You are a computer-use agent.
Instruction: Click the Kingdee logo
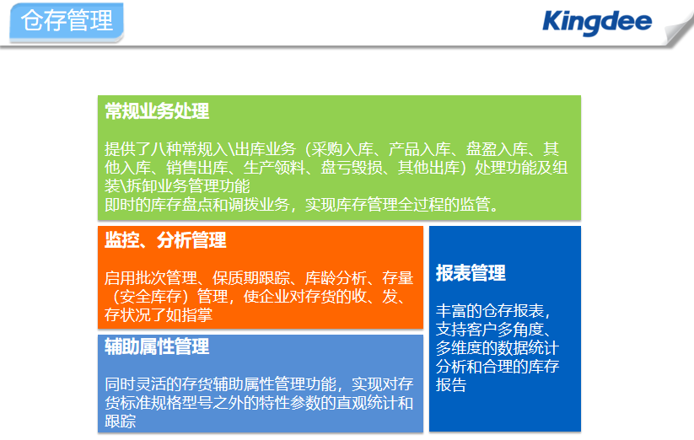click(x=597, y=23)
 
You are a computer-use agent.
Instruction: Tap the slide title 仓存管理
click(x=67, y=20)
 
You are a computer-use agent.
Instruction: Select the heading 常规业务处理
click(x=157, y=111)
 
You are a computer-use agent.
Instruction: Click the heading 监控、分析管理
click(x=165, y=240)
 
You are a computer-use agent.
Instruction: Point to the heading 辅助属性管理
click(x=157, y=346)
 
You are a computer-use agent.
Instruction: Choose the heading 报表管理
click(x=471, y=273)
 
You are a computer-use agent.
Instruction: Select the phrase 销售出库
click(x=197, y=168)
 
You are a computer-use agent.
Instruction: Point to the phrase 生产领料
click(x=274, y=168)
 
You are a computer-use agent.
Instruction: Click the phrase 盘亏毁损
click(x=352, y=168)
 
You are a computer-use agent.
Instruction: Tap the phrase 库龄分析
click(x=336, y=277)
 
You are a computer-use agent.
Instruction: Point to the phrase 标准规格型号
click(x=166, y=402)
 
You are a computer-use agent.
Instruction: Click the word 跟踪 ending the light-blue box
click(x=120, y=421)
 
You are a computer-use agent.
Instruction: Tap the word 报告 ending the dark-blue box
click(x=451, y=384)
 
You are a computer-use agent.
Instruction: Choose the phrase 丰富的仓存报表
click(x=490, y=311)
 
